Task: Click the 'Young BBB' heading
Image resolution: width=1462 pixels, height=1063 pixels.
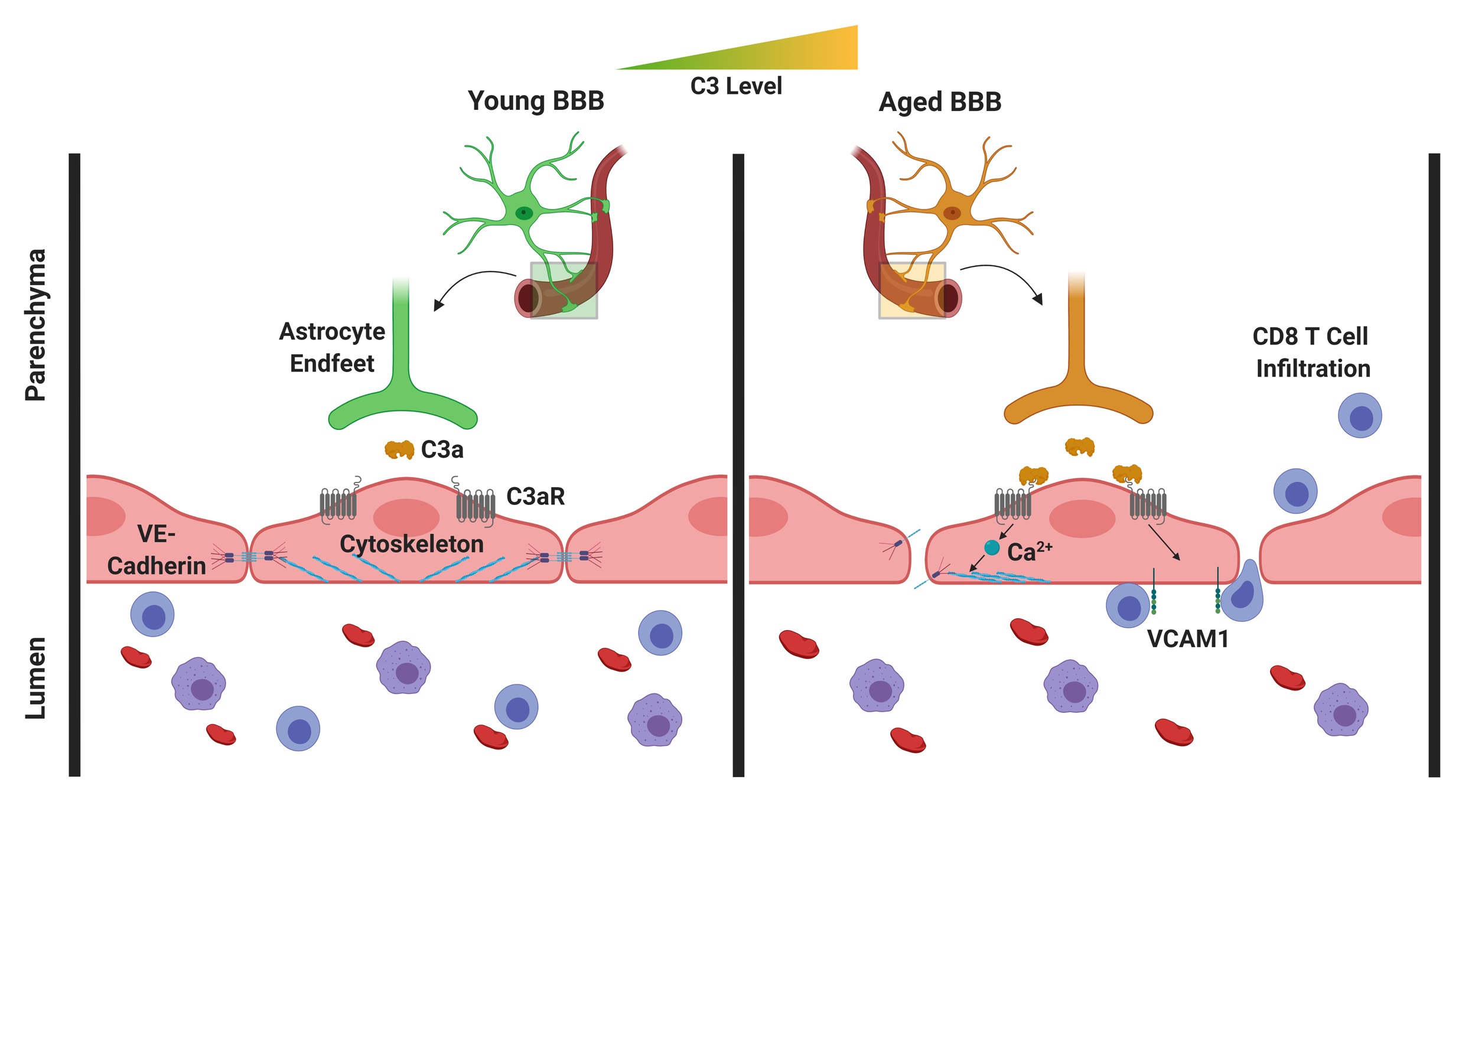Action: click(x=536, y=101)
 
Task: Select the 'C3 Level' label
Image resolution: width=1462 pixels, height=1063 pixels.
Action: click(x=736, y=86)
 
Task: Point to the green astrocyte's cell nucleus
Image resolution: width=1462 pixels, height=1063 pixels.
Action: click(x=523, y=212)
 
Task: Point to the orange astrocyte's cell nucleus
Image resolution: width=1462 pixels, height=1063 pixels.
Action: click(x=952, y=212)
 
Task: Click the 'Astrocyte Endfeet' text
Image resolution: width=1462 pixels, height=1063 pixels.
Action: click(x=332, y=347)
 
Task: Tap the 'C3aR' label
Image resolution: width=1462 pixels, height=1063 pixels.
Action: click(x=535, y=497)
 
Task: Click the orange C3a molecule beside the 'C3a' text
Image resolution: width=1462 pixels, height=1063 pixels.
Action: click(x=399, y=449)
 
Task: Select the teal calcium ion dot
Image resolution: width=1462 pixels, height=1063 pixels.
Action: click(x=992, y=547)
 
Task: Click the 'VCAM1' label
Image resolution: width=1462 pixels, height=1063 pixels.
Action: click(x=1188, y=639)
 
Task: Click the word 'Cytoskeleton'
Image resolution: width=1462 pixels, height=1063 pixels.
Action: click(x=411, y=544)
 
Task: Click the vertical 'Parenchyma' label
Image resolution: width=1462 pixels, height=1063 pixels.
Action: click(x=35, y=325)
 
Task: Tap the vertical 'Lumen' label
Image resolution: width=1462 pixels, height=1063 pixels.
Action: click(x=35, y=677)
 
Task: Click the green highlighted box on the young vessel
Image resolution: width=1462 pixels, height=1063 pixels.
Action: click(x=564, y=290)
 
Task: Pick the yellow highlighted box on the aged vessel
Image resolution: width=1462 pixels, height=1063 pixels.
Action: click(x=912, y=290)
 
